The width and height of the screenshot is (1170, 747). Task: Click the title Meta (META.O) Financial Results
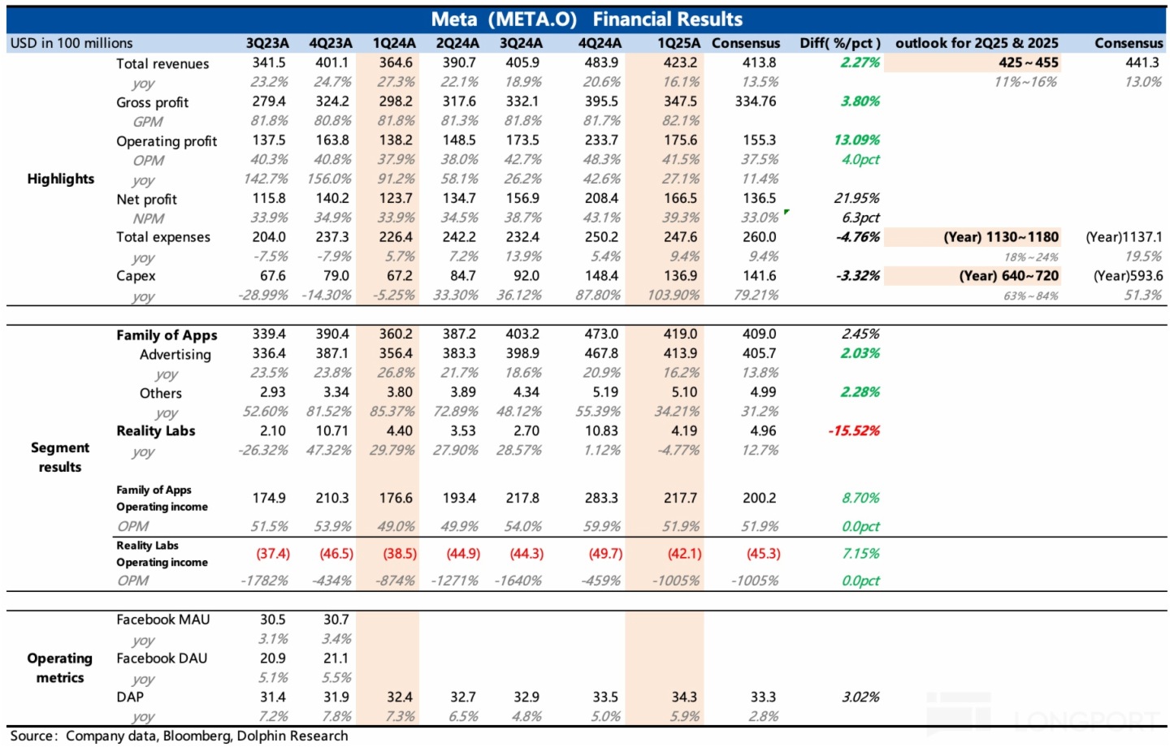tap(586, 19)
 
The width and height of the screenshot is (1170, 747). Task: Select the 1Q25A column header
tap(678, 43)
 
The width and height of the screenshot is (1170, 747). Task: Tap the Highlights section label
tap(60, 179)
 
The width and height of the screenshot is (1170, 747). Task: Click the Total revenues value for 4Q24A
tap(601, 63)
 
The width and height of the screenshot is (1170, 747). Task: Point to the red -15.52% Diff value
tap(854, 431)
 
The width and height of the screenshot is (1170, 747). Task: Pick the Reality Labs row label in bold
tap(155, 431)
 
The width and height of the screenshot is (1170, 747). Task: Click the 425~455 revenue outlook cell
tap(1028, 63)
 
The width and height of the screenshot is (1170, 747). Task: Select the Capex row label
tap(136, 276)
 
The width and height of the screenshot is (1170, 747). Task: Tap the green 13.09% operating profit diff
tap(856, 140)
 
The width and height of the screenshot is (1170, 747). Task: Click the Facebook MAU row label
tap(162, 620)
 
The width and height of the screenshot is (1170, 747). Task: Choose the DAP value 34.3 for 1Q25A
tap(684, 697)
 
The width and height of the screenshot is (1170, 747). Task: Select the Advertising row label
tap(175, 354)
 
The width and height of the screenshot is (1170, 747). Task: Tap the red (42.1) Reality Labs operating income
tap(684, 554)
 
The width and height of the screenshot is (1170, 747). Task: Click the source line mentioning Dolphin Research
tap(179, 736)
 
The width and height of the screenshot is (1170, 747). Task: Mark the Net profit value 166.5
tap(680, 198)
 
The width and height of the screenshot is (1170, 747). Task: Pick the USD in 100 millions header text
tap(71, 43)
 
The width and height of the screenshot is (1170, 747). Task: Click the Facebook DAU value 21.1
tap(336, 658)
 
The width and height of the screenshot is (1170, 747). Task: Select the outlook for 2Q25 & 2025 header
tap(977, 43)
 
